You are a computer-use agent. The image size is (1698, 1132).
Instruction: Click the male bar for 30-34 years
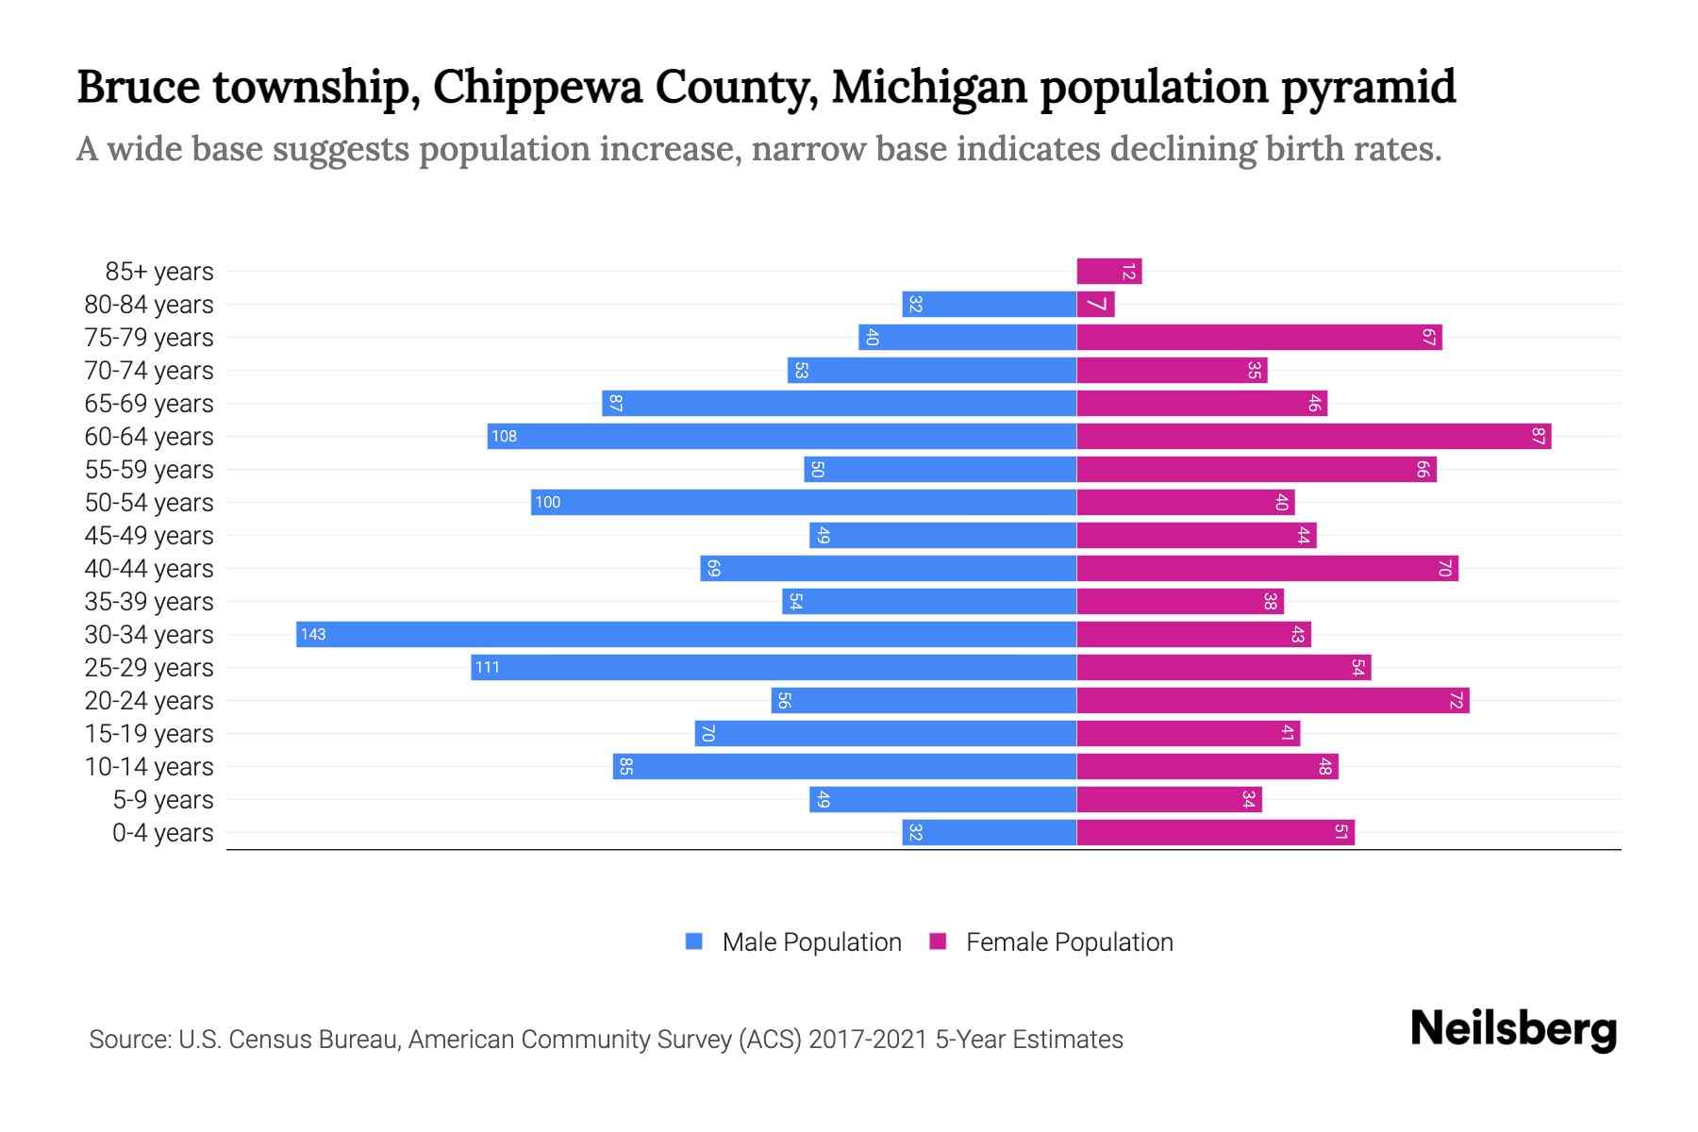point(686,634)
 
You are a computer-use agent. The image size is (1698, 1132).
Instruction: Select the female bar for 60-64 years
point(1313,436)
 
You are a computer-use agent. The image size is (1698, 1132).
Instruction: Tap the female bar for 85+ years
point(1108,272)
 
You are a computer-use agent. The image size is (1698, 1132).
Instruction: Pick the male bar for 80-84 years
point(989,305)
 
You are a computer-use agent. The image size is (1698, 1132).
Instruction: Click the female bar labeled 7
point(1095,305)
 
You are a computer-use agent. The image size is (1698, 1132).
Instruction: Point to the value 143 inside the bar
point(313,634)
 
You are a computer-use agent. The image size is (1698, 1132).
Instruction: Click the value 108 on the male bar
point(504,436)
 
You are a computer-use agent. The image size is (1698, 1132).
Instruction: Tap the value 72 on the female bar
point(1456,700)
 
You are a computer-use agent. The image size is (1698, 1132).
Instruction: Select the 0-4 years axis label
point(162,833)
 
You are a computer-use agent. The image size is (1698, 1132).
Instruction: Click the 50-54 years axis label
point(149,503)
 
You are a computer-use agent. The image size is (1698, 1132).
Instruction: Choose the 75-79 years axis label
point(149,338)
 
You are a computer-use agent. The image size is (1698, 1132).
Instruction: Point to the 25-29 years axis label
point(149,668)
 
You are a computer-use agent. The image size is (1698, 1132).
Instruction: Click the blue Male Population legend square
point(694,941)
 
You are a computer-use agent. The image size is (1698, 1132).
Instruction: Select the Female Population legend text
point(1069,941)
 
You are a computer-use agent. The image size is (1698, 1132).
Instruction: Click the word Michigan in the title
point(928,87)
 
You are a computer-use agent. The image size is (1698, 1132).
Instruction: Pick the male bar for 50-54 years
point(803,502)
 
